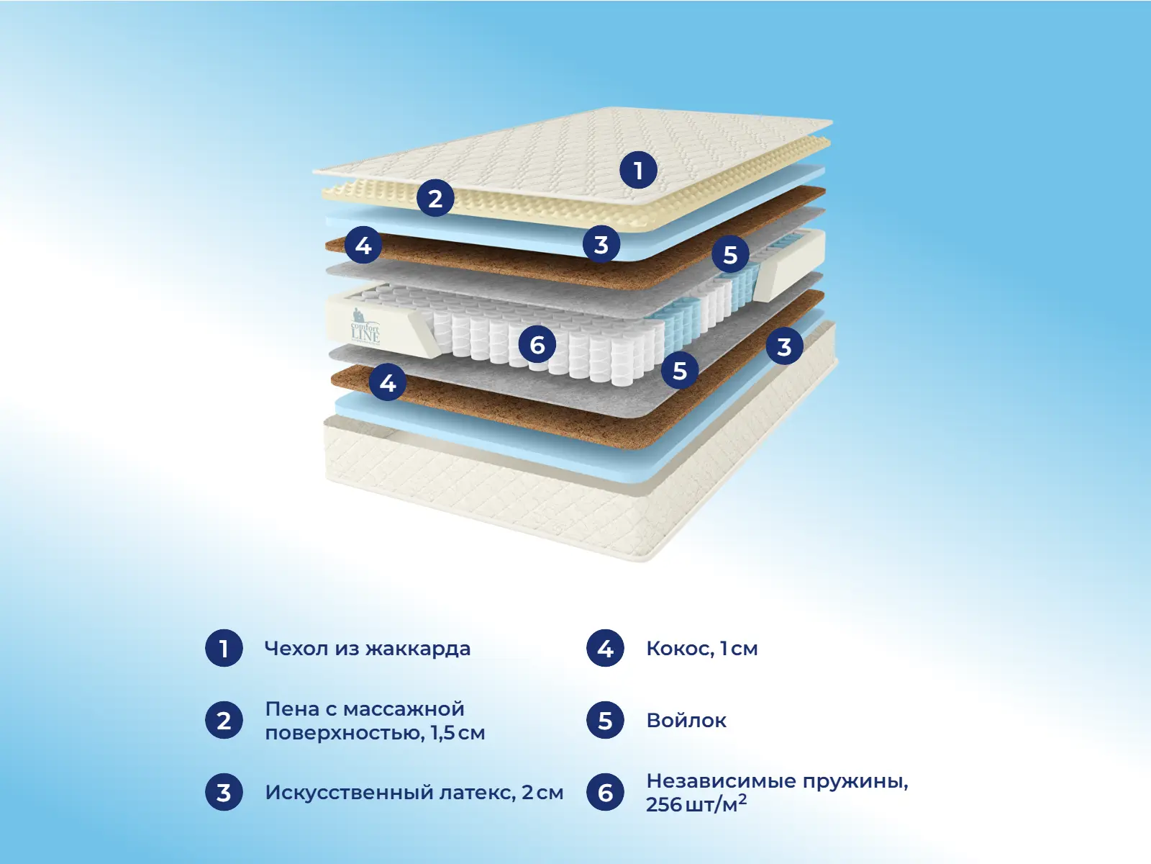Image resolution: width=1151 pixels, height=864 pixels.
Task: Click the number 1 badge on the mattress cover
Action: (x=638, y=171)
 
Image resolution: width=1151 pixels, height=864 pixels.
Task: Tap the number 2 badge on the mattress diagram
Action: (x=435, y=198)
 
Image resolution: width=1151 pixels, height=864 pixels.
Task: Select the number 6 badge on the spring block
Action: (x=537, y=345)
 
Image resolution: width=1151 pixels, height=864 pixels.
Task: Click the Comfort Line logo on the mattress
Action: (x=365, y=327)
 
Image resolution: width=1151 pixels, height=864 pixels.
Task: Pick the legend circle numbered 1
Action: (x=224, y=649)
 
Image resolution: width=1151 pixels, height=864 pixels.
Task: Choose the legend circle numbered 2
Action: (x=224, y=721)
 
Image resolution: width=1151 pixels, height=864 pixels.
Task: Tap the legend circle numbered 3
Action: (x=224, y=793)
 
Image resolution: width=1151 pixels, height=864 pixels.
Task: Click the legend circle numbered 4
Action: (x=605, y=649)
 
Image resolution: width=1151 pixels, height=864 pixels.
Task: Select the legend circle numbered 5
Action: (x=605, y=721)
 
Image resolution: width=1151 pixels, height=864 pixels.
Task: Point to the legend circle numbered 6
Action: (x=605, y=793)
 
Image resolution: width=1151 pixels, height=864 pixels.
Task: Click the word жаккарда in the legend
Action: (x=418, y=649)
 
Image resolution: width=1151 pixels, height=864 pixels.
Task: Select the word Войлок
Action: (x=686, y=721)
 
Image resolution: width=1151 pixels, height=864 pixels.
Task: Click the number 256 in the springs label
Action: (x=663, y=805)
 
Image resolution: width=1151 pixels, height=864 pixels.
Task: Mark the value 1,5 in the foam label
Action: (x=442, y=733)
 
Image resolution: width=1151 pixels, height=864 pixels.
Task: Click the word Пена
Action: (x=292, y=709)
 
